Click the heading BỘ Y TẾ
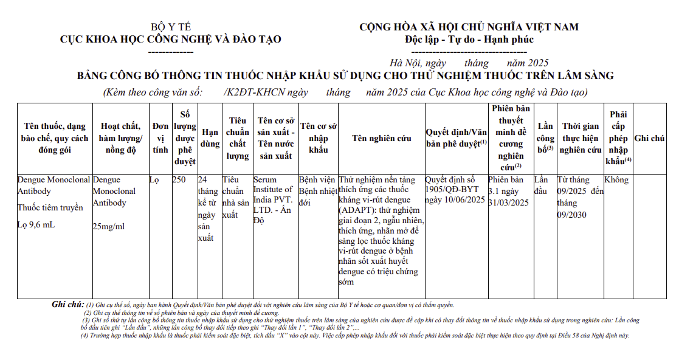(171, 27)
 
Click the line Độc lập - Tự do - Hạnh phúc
(469, 40)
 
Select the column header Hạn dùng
(210, 138)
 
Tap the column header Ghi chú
(649, 138)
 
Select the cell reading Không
(616, 180)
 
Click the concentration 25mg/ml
(109, 226)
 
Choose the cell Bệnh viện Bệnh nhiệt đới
(318, 192)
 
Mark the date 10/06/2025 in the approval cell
(463, 200)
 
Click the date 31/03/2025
(509, 203)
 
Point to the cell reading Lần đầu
(541, 185)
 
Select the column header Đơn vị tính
(160, 138)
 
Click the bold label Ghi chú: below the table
(67, 305)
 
